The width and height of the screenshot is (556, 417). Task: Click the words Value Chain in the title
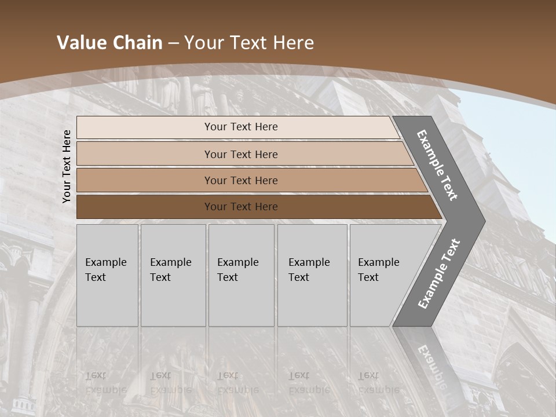(x=109, y=43)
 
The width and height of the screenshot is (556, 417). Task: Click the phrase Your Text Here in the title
(x=249, y=43)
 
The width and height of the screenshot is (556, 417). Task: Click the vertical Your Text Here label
(x=67, y=167)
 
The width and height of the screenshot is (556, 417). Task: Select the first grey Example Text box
(x=107, y=275)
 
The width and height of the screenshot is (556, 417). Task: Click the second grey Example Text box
(x=173, y=275)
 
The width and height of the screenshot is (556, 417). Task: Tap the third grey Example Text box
(x=241, y=275)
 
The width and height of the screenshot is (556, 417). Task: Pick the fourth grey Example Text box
(x=312, y=275)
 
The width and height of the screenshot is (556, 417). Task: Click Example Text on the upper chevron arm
(x=437, y=165)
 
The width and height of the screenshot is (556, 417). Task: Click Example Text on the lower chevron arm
(x=439, y=273)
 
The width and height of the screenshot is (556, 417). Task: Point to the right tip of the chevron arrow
(x=484, y=221)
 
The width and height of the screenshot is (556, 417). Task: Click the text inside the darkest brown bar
(x=241, y=207)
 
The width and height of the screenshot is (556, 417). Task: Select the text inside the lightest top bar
(x=241, y=127)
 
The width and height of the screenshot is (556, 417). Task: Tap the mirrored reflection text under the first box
(x=106, y=382)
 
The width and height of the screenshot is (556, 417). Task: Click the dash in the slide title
(x=173, y=43)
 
